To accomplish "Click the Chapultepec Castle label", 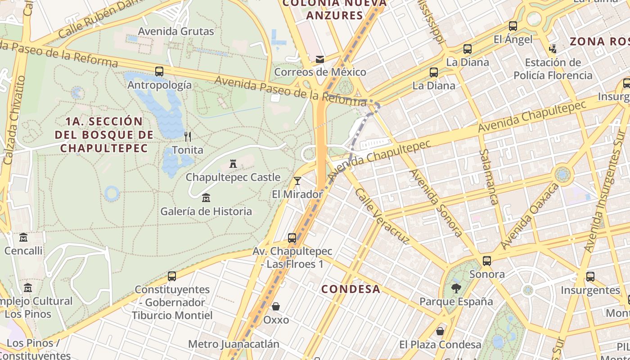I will (233, 177).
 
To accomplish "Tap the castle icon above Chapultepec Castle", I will (233, 164).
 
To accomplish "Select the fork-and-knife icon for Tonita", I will (188, 136).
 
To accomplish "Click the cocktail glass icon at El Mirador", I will (297, 181).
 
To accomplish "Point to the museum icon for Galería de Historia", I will (206, 198).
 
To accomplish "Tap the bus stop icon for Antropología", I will (159, 72).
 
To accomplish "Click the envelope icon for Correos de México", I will (320, 59).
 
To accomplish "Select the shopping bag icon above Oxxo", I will (276, 306).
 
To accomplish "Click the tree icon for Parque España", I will (456, 288).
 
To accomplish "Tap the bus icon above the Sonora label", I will (487, 261).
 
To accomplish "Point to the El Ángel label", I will (513, 40).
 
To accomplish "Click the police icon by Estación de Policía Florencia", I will (553, 49).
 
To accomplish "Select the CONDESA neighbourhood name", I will (351, 289).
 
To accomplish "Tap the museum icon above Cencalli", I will (23, 237).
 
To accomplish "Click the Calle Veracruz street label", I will (382, 216).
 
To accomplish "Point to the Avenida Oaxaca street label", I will (530, 216).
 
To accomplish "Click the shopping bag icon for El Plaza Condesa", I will (440, 331).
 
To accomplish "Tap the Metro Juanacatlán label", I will (234, 344).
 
